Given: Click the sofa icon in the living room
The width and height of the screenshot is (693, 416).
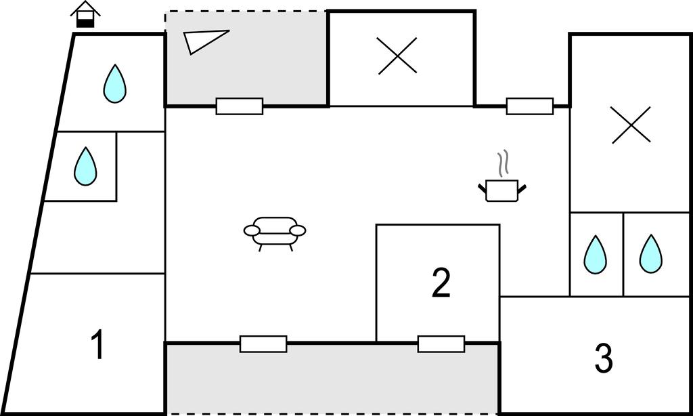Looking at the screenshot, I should [x=275, y=232].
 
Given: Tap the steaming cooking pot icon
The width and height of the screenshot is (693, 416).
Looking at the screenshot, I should [x=502, y=190].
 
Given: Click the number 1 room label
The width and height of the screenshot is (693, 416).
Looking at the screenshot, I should [x=98, y=345].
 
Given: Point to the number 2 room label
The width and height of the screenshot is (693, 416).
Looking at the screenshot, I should [x=441, y=283].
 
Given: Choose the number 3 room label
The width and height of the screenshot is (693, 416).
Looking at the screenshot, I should [x=604, y=358].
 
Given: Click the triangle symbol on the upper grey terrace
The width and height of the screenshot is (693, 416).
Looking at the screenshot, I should [x=204, y=41].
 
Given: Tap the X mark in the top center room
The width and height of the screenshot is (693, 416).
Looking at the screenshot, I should [x=397, y=56].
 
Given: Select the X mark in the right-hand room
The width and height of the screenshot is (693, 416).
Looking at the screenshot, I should [x=631, y=125].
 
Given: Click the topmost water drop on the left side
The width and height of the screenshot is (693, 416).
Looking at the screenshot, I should [x=115, y=84].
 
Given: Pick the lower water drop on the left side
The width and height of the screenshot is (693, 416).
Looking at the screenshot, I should [x=85, y=167].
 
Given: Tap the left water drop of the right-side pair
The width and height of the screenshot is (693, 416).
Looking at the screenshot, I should [x=596, y=255].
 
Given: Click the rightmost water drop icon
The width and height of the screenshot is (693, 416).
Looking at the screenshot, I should [x=650, y=255].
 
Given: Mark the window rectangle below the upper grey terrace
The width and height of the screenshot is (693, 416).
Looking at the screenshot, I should [x=240, y=106].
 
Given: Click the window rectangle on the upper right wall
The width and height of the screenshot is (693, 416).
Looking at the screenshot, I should [x=530, y=106].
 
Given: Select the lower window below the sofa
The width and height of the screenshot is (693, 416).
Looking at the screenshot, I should [x=263, y=344].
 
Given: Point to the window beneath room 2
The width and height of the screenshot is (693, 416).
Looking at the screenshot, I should [x=441, y=344].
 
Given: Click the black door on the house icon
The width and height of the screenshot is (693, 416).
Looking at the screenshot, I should [x=85, y=23].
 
